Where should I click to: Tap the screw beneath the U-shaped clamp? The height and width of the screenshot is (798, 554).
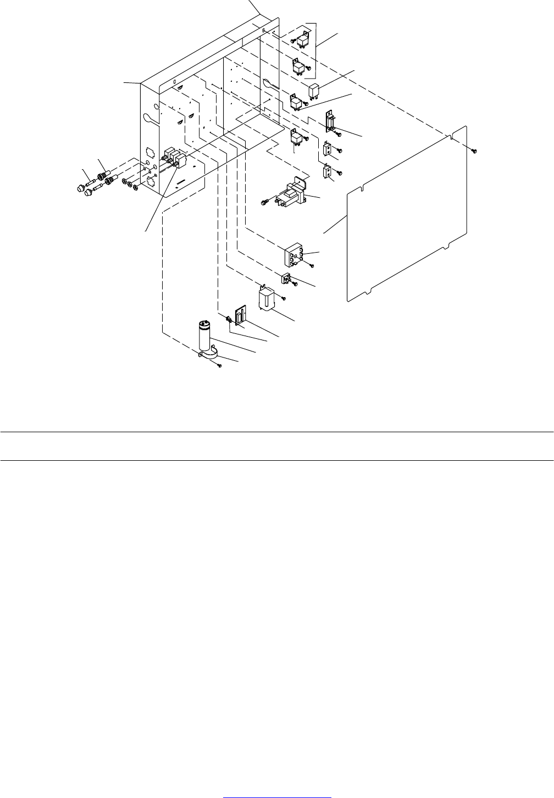(219, 366)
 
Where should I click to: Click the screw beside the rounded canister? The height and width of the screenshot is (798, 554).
(284, 298)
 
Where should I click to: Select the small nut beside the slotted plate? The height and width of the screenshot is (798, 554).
(226, 318)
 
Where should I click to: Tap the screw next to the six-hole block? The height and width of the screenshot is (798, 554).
(312, 266)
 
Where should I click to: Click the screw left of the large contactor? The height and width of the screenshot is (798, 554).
(265, 203)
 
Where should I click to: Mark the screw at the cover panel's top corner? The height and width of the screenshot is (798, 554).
(475, 150)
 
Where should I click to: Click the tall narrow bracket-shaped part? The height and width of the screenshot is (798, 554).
(330, 122)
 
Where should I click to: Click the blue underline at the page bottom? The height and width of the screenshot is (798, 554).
(278, 795)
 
